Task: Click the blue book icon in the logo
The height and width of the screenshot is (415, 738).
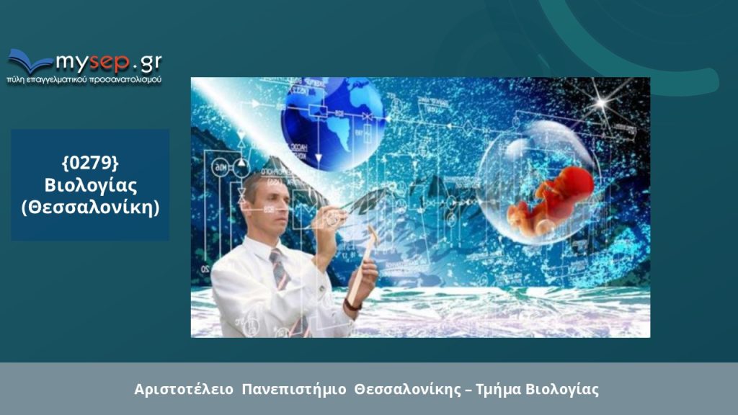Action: (29, 61)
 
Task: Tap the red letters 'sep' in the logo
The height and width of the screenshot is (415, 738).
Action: (110, 62)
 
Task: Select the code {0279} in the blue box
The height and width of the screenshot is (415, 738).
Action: (90, 163)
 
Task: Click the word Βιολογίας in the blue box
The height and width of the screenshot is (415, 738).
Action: (90, 185)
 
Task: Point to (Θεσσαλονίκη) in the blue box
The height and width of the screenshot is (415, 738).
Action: (90, 207)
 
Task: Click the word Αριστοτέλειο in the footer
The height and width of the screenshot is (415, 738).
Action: (184, 390)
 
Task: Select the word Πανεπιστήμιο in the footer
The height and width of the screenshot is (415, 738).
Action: (294, 390)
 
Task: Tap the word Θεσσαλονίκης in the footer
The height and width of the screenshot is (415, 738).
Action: (408, 390)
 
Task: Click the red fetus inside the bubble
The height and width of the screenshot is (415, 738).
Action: (551, 200)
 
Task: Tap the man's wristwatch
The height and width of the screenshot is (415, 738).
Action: (352, 305)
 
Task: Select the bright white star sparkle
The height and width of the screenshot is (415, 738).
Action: (600, 102)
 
